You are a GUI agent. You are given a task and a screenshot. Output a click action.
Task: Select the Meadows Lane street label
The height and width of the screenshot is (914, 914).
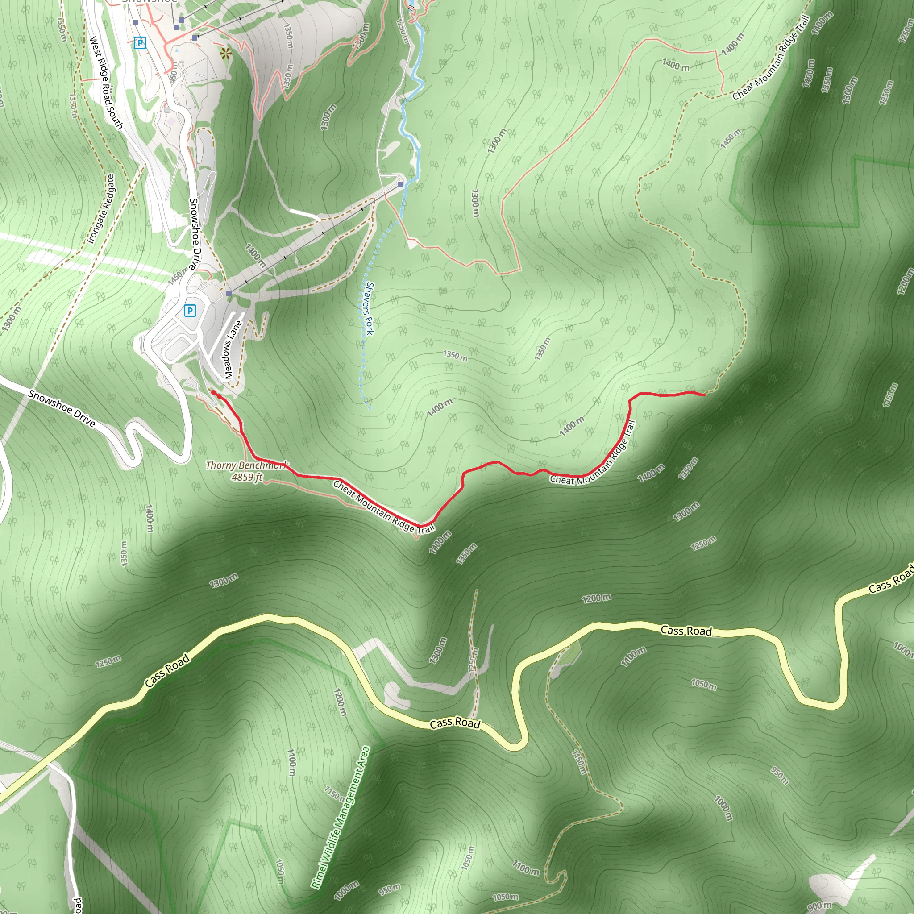coord(233,349)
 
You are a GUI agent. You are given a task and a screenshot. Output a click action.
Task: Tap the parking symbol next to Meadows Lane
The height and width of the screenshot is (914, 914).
coord(190,310)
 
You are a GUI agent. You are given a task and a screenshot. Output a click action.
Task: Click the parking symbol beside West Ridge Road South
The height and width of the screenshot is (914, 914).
coord(140,43)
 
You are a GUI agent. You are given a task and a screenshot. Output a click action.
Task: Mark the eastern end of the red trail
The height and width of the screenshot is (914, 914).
coord(705,394)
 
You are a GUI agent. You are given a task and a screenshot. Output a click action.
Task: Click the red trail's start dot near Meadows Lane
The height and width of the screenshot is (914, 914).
coord(213,392)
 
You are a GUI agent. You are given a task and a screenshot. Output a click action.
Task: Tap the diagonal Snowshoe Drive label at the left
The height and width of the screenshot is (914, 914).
coord(62,408)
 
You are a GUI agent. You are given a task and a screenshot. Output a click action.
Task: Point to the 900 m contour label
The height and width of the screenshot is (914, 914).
coord(819,905)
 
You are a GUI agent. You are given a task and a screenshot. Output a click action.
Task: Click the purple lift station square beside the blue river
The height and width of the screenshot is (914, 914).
coord(401,184)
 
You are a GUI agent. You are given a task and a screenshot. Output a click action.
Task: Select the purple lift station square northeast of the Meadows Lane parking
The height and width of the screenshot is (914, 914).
coord(229,293)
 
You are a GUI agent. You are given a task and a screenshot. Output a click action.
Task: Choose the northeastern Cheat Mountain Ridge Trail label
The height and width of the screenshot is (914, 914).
coord(771,58)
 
